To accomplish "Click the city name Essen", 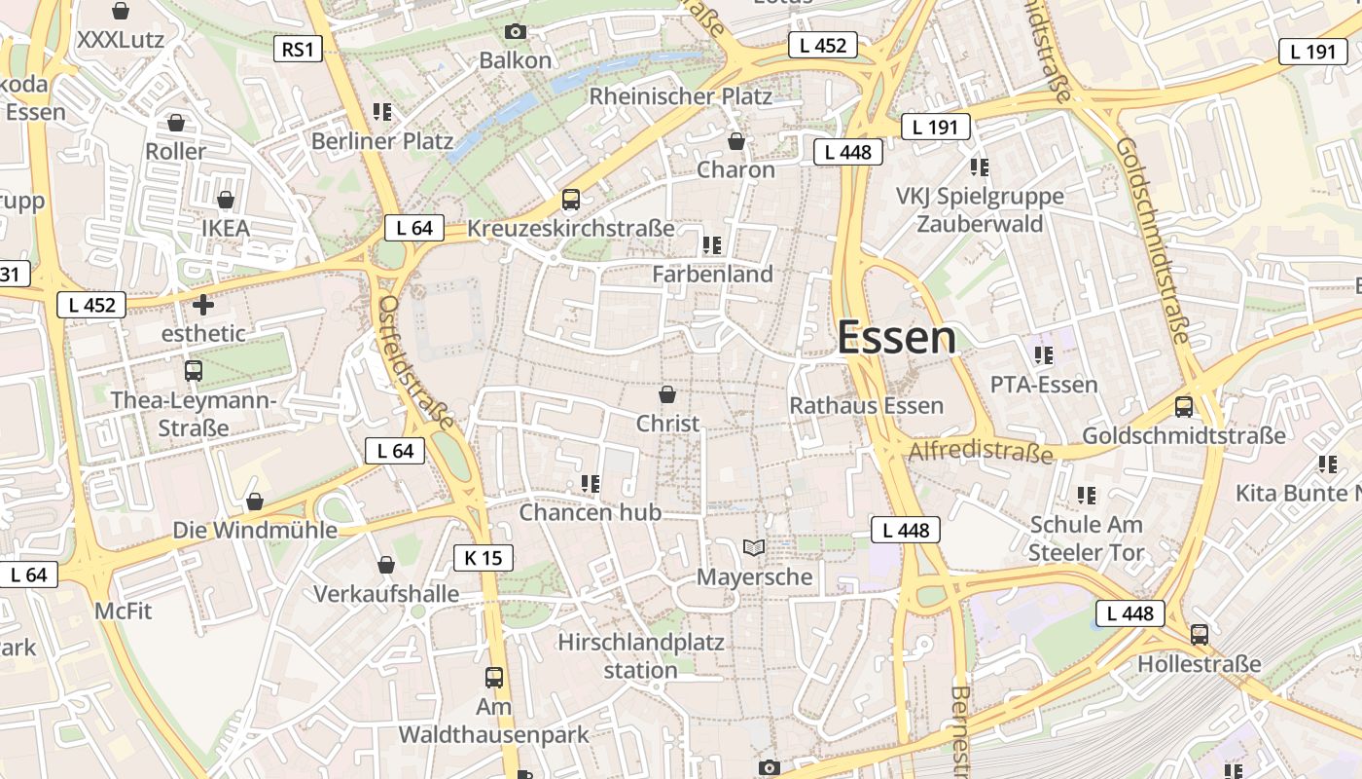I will point(896,338).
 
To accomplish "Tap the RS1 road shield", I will point(297,49).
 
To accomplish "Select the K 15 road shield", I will point(483,558).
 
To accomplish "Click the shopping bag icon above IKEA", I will point(226,200).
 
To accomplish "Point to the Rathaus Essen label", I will point(866,405).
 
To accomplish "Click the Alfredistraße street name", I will point(980,452).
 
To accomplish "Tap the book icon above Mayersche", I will point(754,547).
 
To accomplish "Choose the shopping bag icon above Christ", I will point(667,394).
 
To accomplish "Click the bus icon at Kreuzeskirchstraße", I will point(571,200).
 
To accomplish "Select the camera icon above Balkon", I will point(516,32).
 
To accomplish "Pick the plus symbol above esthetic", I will point(203,305).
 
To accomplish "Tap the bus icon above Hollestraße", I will point(1200,635).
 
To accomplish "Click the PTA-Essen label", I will point(1044,385).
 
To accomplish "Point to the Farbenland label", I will point(712,274).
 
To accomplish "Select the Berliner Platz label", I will point(382,141).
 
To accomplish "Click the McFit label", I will point(124,611).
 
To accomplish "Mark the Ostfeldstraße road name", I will point(416,362).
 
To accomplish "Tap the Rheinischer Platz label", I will point(681,96).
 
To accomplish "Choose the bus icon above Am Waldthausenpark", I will point(494,677).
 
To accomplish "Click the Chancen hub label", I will point(591,512).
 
